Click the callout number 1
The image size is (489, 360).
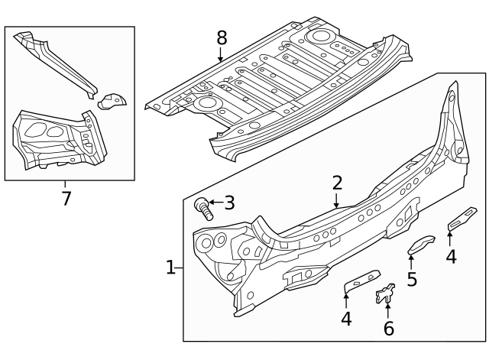[170, 268]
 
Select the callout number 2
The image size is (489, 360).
[337, 183]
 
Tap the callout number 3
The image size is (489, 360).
[228, 203]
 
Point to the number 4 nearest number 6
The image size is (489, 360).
[346, 318]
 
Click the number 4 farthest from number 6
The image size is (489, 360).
[451, 256]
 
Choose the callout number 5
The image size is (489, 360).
[412, 279]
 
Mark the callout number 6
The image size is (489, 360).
[388, 329]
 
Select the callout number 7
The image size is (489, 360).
[66, 199]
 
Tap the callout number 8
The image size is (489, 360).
[222, 37]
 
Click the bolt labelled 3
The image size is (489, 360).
[202, 206]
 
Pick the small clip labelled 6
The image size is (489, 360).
[385, 294]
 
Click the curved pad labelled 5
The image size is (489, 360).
[419, 245]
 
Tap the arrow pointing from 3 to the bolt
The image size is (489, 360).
[215, 203]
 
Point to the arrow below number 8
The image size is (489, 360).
[221, 55]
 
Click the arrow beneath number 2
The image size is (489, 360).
[337, 201]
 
